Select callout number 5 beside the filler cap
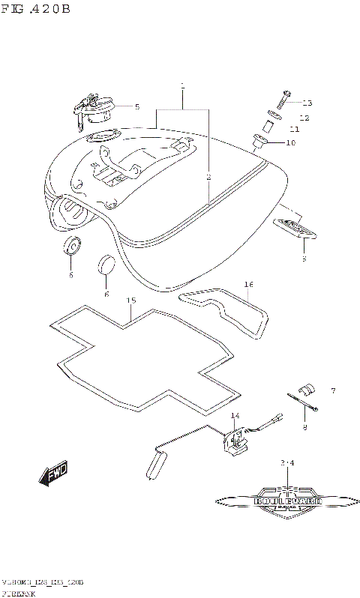pos(137,106)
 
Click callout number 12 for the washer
pos(304,118)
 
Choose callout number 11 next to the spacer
pos(304,130)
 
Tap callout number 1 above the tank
pos(182,87)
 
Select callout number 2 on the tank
pos(208,178)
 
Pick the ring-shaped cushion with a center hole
pos(72,245)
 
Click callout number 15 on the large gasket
pos(130,300)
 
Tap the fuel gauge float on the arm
pos(155,463)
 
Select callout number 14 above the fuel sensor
pos(234,415)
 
